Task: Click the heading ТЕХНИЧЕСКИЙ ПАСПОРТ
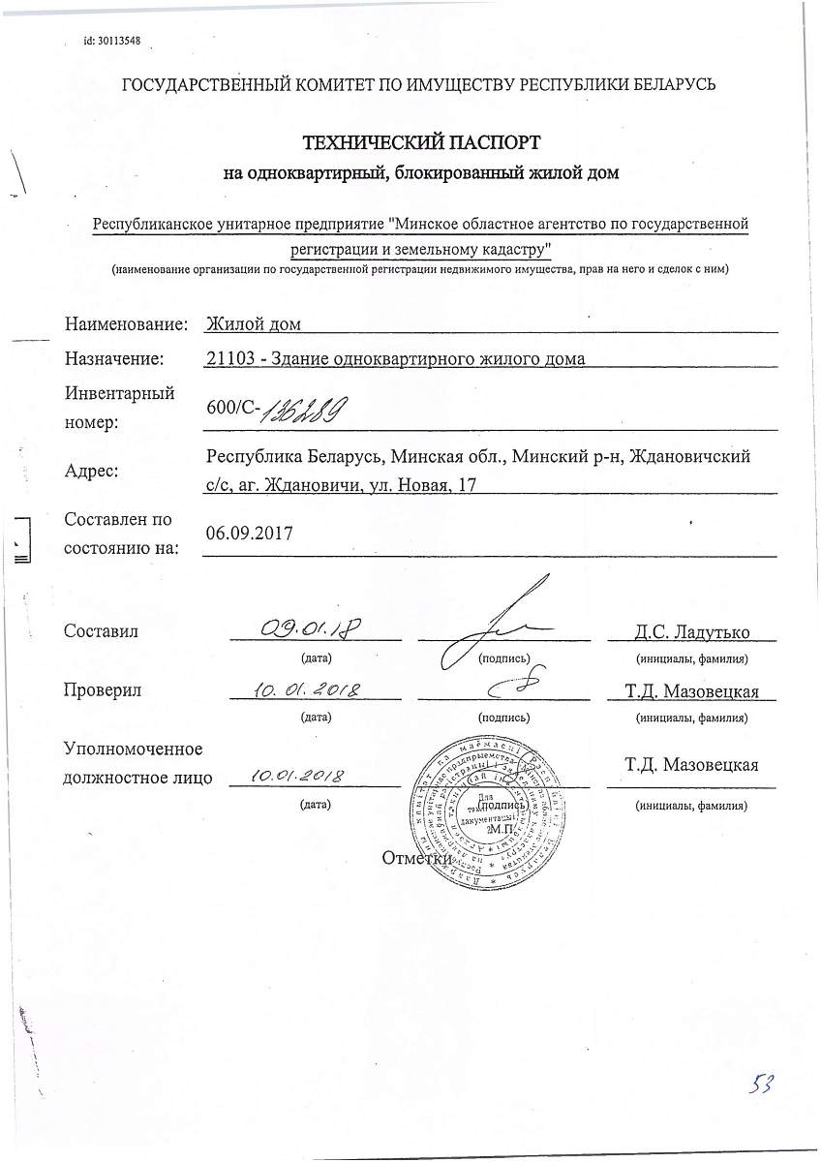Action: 420,143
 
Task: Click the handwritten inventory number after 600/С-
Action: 299,411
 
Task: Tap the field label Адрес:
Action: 91,472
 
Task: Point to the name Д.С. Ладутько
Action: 691,632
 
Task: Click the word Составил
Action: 101,631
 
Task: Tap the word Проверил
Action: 103,690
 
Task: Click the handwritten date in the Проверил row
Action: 306,690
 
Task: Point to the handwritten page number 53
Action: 761,1083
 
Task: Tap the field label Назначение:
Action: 114,359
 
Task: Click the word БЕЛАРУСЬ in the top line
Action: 667,84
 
